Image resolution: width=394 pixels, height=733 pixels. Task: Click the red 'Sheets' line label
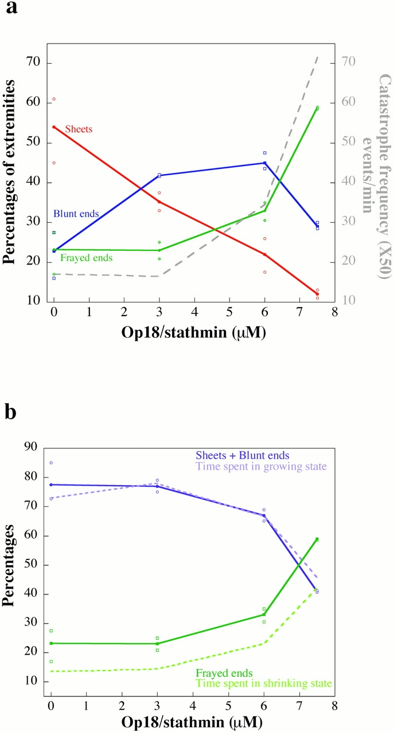pyautogui.click(x=79, y=129)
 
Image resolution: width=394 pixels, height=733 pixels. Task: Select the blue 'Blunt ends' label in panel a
pyautogui.click(x=76, y=214)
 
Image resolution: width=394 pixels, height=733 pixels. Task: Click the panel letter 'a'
pyautogui.click(x=11, y=11)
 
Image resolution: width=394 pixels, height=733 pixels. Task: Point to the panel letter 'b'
pyautogui.click(x=11, y=412)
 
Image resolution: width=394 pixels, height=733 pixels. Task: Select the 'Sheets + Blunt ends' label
pyautogui.click(x=242, y=456)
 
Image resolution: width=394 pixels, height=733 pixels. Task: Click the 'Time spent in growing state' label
pyautogui.click(x=261, y=466)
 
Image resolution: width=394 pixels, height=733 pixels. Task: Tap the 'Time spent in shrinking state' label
pyautogui.click(x=263, y=684)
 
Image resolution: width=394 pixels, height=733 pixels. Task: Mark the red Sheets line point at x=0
pyautogui.click(x=54, y=127)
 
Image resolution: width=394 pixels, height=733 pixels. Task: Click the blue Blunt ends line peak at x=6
pyautogui.click(x=264, y=163)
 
